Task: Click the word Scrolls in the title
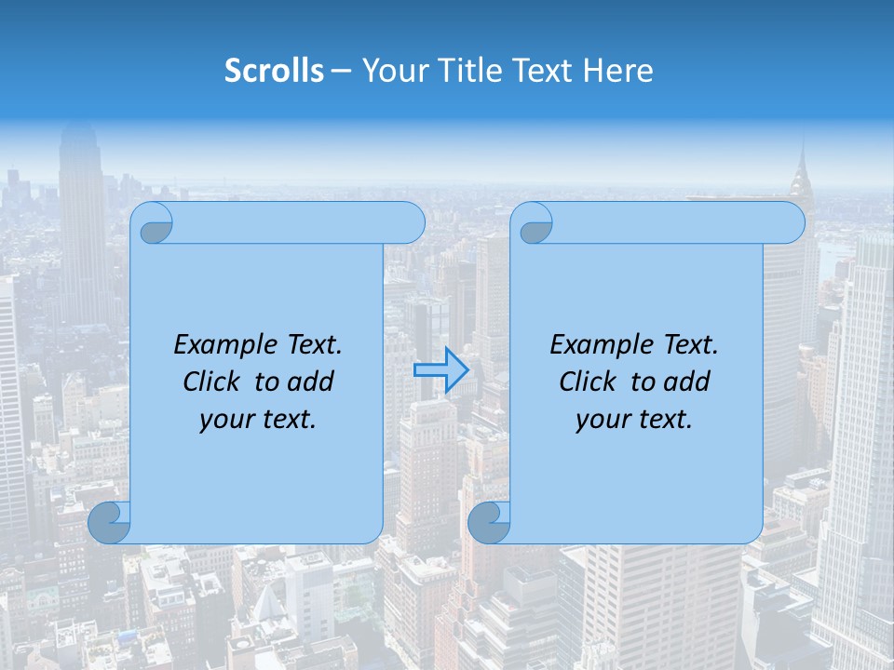[x=275, y=71]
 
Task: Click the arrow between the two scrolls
[x=440, y=370]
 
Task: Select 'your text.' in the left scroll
[x=258, y=420]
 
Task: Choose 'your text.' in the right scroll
[x=634, y=420]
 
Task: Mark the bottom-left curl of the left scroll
[x=110, y=522]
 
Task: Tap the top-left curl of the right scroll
[x=535, y=223]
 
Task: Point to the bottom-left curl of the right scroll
[x=489, y=522]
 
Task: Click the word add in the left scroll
[x=312, y=382]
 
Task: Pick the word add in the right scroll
[x=688, y=382]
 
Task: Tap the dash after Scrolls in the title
[x=341, y=71]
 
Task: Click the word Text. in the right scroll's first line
[x=690, y=344]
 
